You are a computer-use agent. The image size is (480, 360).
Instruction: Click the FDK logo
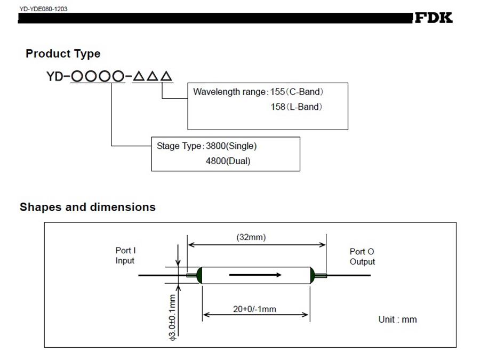click(x=434, y=18)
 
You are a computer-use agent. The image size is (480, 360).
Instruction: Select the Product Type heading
click(x=63, y=54)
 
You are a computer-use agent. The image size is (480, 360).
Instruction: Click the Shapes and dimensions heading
click(x=87, y=207)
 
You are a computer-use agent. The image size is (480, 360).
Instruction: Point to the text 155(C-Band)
click(x=297, y=92)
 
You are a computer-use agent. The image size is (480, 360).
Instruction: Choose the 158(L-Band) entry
click(x=297, y=107)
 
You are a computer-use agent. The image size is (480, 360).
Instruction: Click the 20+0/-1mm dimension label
click(x=254, y=309)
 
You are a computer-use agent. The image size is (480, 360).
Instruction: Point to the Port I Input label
click(x=125, y=255)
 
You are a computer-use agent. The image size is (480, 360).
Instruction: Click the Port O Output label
click(x=362, y=257)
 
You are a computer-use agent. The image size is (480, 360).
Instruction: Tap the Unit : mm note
click(x=397, y=319)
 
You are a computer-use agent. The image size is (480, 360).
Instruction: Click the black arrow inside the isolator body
click(x=255, y=275)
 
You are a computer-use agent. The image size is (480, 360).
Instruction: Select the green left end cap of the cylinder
click(x=199, y=275)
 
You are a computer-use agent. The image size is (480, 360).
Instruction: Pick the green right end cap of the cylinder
click(x=312, y=275)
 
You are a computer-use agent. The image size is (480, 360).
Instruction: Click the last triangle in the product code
click(x=166, y=77)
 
